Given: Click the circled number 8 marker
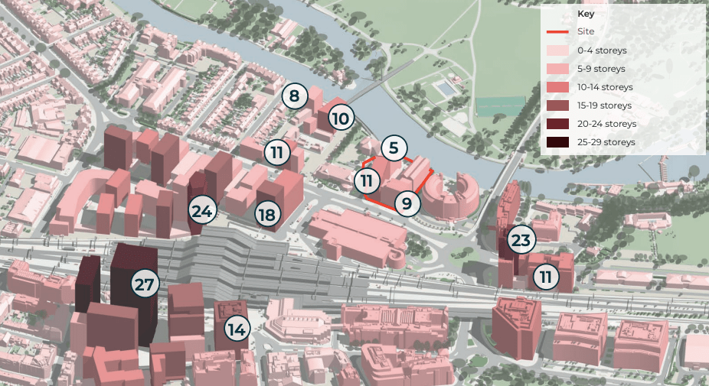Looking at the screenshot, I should pyautogui.click(x=295, y=96).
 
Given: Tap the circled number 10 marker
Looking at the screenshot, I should pyautogui.click(x=341, y=118).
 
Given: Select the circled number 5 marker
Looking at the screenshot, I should pyautogui.click(x=394, y=148).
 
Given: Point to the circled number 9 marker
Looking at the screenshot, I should pyautogui.click(x=407, y=203).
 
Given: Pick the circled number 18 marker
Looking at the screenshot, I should pyautogui.click(x=266, y=215).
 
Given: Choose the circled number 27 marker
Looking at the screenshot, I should pyautogui.click(x=145, y=285).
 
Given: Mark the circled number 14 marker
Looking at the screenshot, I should pyautogui.click(x=237, y=329).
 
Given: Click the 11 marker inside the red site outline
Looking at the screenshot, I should pyautogui.click(x=368, y=181).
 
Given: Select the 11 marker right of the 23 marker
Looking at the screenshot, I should pyautogui.click(x=545, y=277).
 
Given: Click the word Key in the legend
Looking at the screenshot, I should pyautogui.click(x=586, y=14).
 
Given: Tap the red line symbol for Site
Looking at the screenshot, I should pyautogui.click(x=557, y=32).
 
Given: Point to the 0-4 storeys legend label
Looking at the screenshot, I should pyautogui.click(x=603, y=50).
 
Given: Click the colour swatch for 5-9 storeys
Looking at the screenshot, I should pyautogui.click(x=557, y=69).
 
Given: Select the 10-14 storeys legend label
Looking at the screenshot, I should pyautogui.click(x=605, y=87).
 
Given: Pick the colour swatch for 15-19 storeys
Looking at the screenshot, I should pyautogui.click(x=557, y=105).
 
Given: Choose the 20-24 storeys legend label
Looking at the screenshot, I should pyautogui.click(x=607, y=124).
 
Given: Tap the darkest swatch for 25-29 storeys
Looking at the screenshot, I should pyautogui.click(x=557, y=142).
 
